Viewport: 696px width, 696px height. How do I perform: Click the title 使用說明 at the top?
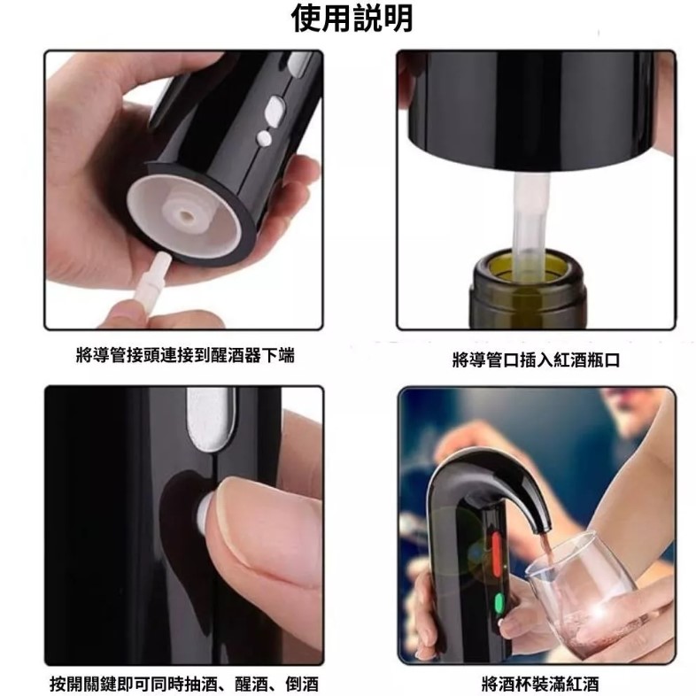tap(352, 18)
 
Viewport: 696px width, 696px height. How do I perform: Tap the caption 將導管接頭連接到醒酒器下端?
tap(185, 355)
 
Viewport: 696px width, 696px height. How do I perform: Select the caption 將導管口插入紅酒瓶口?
tap(536, 360)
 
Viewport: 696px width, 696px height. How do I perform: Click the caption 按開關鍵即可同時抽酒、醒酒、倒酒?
tap(184, 684)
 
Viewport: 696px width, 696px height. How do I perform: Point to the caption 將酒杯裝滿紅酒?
tap(540, 684)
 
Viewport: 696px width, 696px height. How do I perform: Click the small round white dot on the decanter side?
tap(264, 137)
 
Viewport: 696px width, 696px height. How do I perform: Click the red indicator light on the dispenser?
tap(496, 551)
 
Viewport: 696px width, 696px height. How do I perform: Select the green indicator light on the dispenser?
tap(499, 603)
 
